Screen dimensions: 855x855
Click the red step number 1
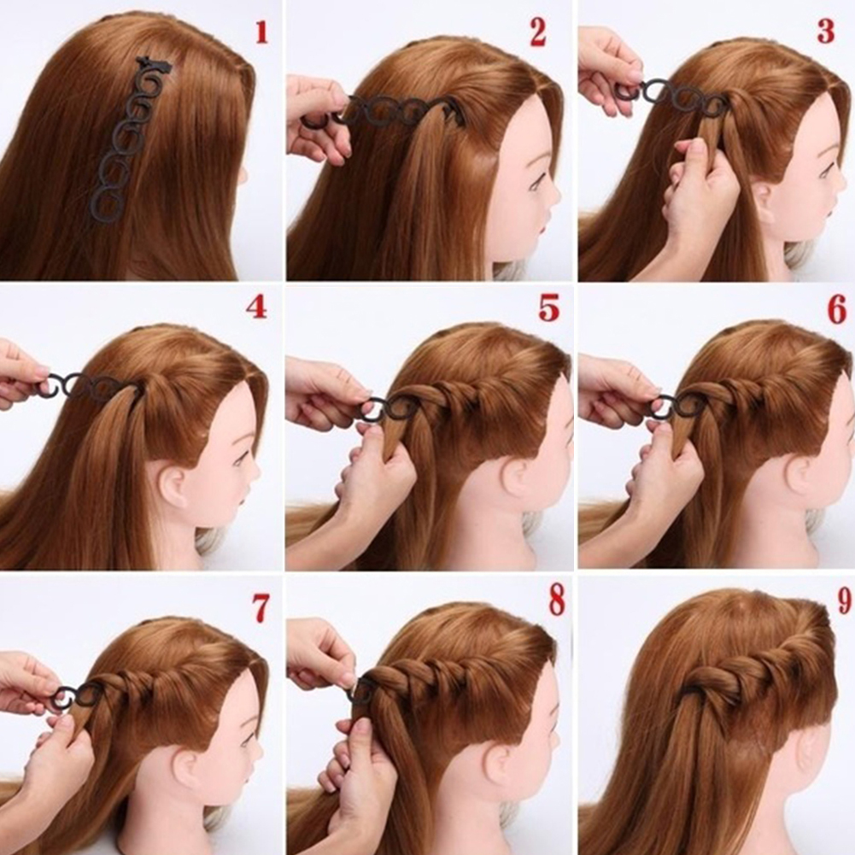(x=262, y=32)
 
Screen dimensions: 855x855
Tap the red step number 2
(x=537, y=32)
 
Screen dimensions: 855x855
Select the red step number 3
(x=826, y=32)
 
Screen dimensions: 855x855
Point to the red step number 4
(x=256, y=308)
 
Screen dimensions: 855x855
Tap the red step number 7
(x=261, y=608)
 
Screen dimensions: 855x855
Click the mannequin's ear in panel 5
(x=516, y=480)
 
